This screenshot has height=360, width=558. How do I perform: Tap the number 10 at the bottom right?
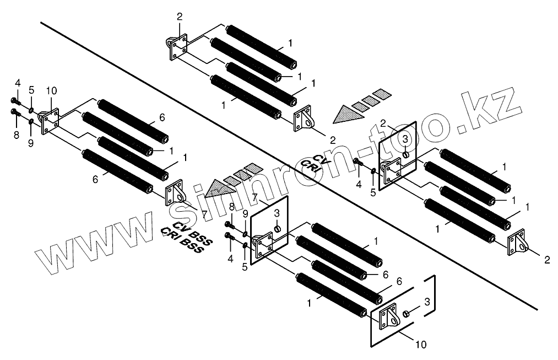tap(420, 345)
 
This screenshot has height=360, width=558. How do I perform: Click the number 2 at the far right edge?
tap(546, 259)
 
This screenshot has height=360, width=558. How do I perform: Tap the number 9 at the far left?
tap(31, 143)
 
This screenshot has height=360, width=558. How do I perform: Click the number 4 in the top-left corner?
tap(18, 83)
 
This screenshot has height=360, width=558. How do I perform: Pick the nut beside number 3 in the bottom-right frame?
tap(406, 313)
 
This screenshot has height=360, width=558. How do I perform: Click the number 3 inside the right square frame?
tap(404, 139)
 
